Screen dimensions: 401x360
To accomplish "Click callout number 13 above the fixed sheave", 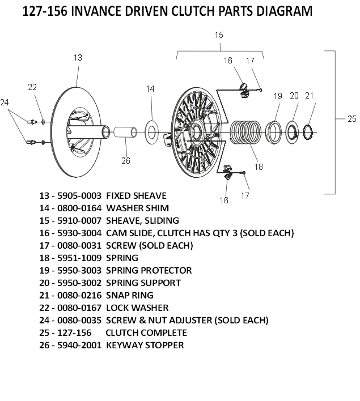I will pos(78,57).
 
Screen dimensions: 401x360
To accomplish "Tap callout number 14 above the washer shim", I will pos(150,88).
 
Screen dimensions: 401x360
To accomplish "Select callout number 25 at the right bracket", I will pos(352,118).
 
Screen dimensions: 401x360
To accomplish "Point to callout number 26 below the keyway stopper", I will pos(126,160).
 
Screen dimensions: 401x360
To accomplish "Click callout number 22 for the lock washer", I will pos(32,87).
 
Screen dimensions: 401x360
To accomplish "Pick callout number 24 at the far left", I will pos(5,103).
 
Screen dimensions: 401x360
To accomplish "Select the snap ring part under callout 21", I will pos(310,134).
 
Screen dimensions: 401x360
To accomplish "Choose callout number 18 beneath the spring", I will pos(259,167).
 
